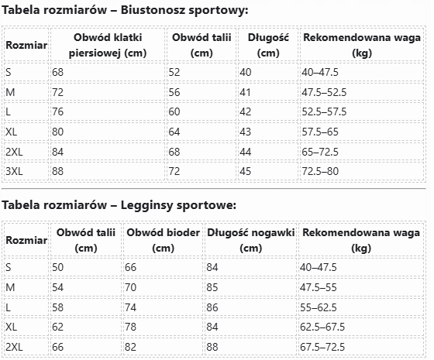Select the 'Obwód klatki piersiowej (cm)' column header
108,45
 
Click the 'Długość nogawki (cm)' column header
251,240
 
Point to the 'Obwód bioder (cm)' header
164,240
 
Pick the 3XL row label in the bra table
14,171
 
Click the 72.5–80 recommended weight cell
320,171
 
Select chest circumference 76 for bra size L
58,111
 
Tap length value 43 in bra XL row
245,132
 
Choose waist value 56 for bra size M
174,92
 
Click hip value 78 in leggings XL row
131,327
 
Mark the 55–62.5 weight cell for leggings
319,307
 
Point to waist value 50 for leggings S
58,267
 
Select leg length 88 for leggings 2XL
212,347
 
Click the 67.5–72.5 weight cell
322,347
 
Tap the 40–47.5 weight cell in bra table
320,73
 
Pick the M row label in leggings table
10,287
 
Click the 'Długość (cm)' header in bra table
268,45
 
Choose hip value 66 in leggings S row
131,267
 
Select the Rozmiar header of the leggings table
26,240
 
